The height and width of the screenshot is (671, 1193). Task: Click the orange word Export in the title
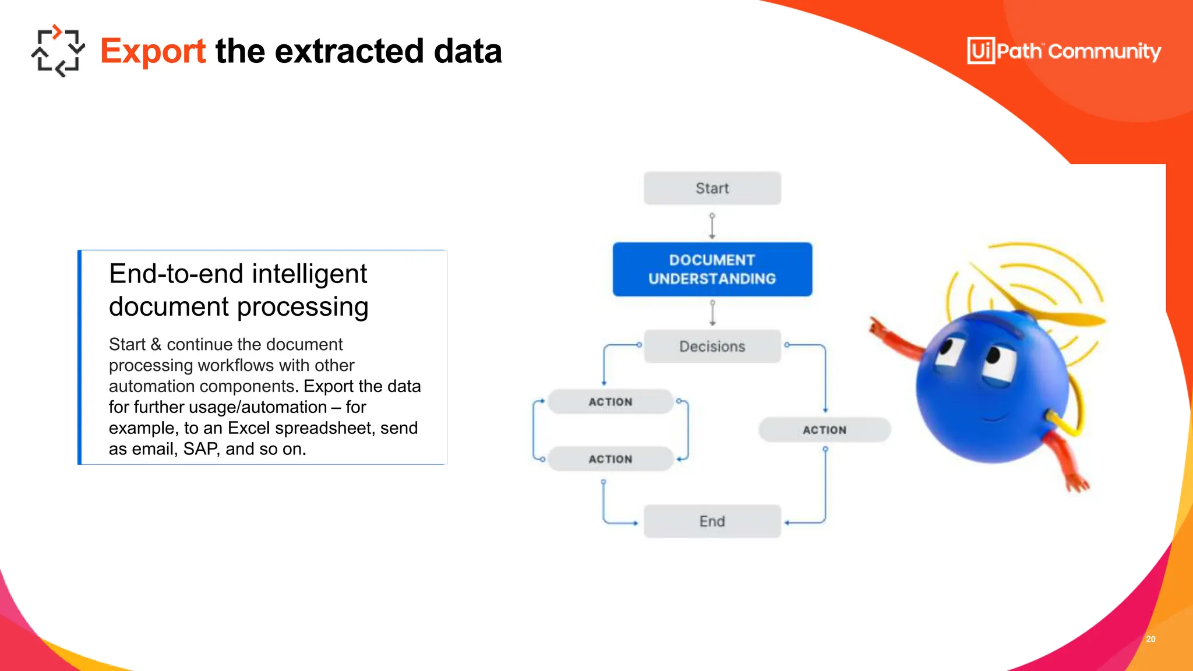click(153, 51)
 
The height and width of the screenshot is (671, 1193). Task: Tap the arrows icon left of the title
click(58, 51)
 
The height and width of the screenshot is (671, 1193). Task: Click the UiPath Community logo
click(1064, 51)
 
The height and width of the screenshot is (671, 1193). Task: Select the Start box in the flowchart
click(712, 188)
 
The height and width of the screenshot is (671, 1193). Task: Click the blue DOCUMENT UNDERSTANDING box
click(712, 269)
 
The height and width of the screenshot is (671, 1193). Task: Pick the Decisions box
click(712, 347)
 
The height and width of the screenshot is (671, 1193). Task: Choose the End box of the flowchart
click(712, 521)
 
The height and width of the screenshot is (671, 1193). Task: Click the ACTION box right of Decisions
click(824, 430)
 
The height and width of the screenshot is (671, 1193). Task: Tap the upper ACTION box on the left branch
click(610, 402)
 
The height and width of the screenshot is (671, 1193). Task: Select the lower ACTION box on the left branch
click(610, 459)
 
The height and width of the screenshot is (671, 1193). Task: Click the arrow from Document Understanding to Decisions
click(712, 313)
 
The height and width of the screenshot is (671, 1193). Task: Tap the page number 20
click(1150, 639)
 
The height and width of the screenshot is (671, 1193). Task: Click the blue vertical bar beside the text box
click(80, 357)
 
